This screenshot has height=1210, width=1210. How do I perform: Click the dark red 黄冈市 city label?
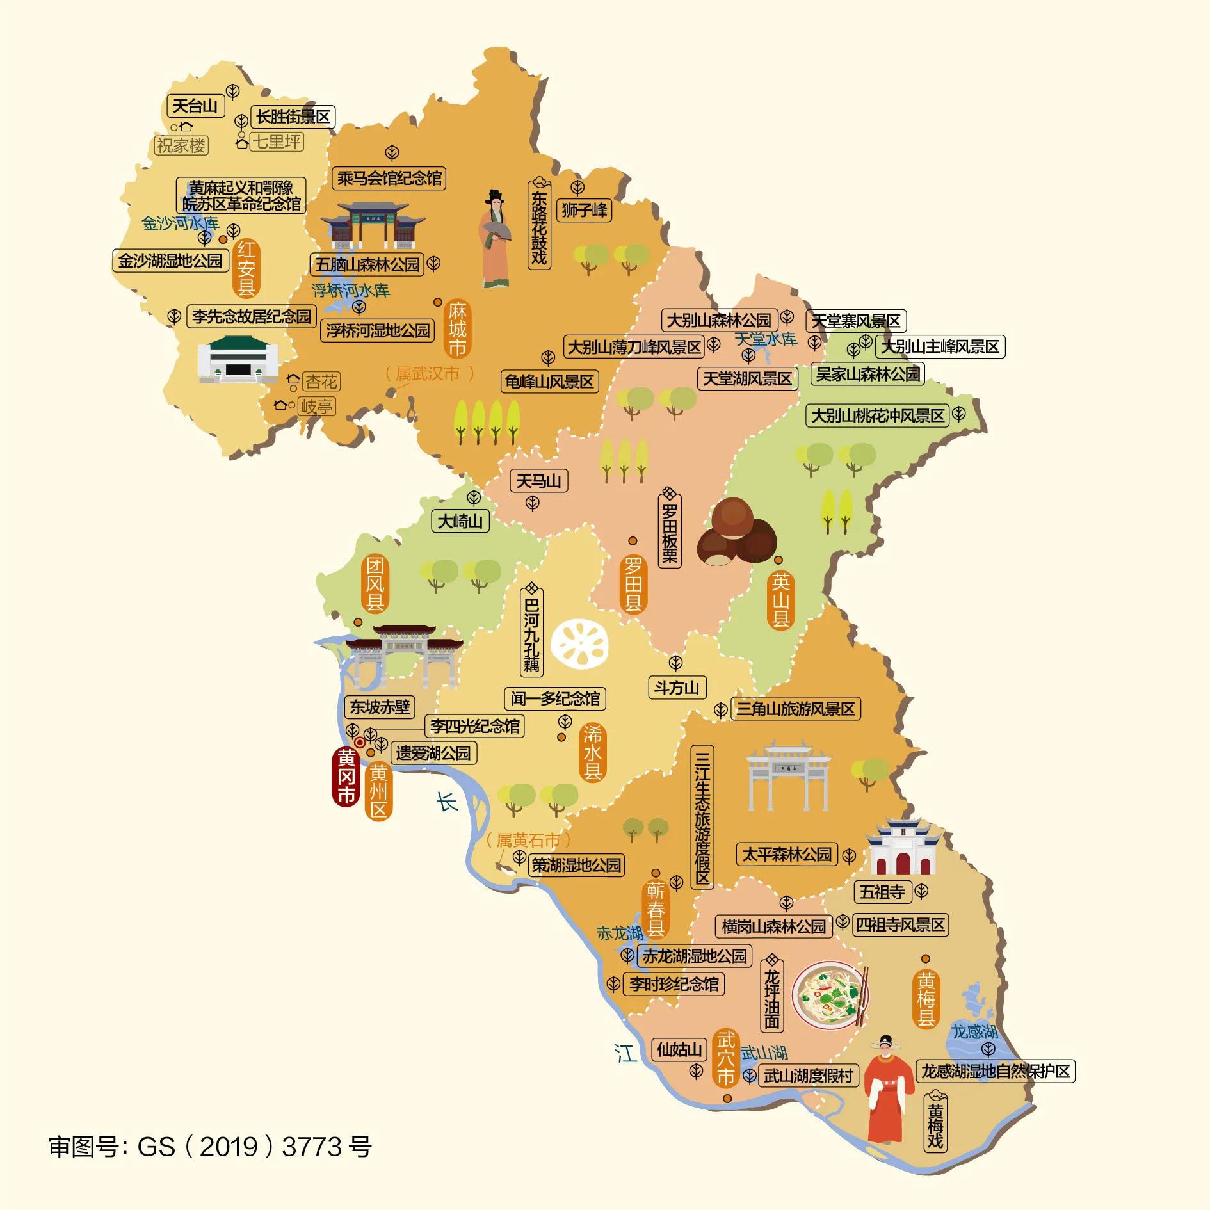point(346,776)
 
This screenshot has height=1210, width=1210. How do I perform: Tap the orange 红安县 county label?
point(247,268)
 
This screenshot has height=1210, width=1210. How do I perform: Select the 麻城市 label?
point(457,329)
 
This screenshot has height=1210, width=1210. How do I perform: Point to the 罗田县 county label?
point(633,584)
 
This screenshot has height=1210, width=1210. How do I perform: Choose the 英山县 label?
point(780,601)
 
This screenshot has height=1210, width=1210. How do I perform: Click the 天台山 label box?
point(196,106)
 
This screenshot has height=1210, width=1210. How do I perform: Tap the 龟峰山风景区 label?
point(549,382)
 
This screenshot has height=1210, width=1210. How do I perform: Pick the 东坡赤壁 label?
point(380,707)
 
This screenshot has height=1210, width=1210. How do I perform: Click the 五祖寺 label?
point(882,891)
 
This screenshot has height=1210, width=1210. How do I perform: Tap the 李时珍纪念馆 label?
point(674,983)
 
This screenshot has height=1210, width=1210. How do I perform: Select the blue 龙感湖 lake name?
point(974,1031)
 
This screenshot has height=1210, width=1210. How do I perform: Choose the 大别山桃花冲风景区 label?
point(878,416)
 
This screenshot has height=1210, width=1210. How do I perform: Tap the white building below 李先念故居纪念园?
point(237,360)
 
